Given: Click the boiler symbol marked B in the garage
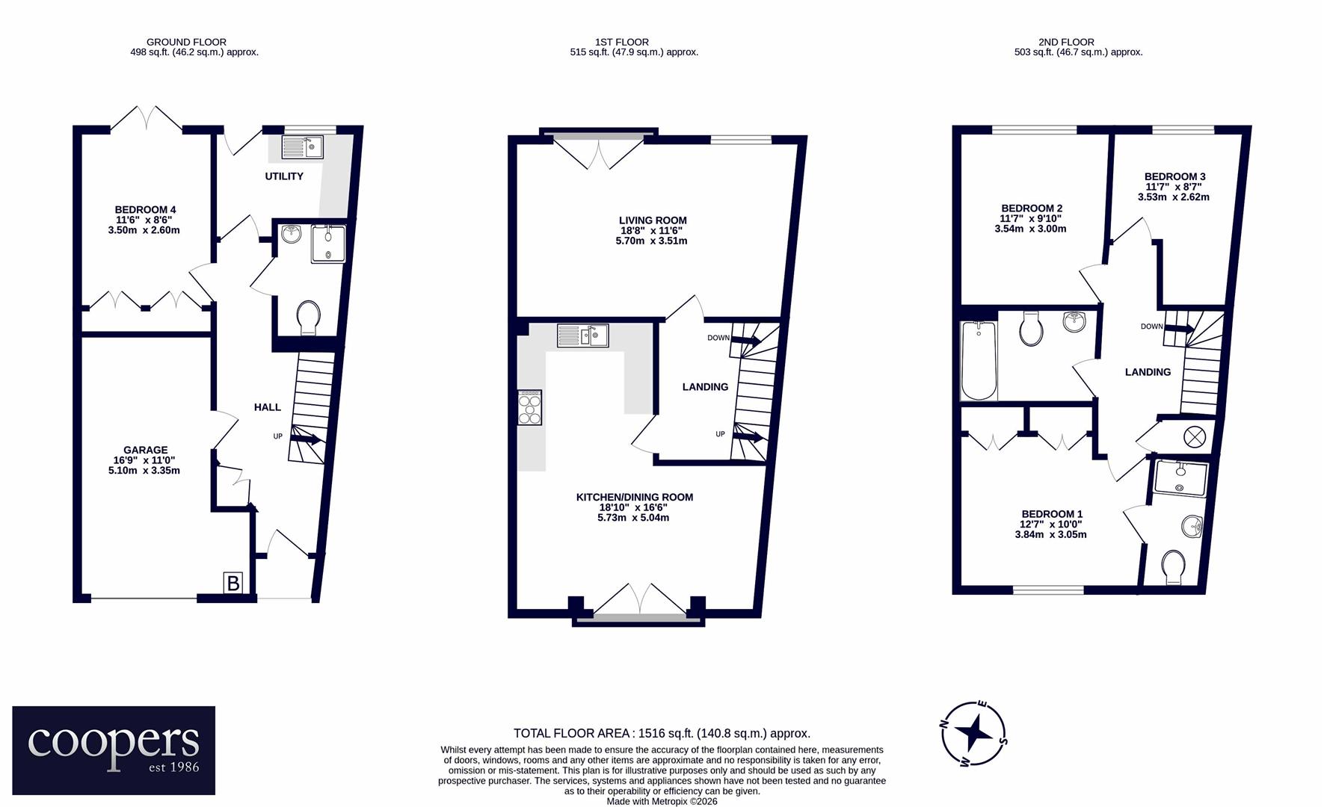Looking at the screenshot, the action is click(233, 583).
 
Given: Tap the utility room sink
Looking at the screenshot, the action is click(302, 147).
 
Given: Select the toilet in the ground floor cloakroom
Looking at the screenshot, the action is click(308, 318).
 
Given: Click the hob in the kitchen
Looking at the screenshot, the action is click(529, 408).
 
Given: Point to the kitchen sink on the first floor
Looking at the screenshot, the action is click(582, 336).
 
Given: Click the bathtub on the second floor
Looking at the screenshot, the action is click(979, 361).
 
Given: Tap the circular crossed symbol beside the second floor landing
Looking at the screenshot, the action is click(1189, 435).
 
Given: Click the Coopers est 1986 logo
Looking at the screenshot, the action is click(114, 750).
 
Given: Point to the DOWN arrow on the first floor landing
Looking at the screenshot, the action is click(745, 341).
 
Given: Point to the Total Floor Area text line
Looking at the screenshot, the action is click(662, 734).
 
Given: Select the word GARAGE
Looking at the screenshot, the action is click(145, 450).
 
